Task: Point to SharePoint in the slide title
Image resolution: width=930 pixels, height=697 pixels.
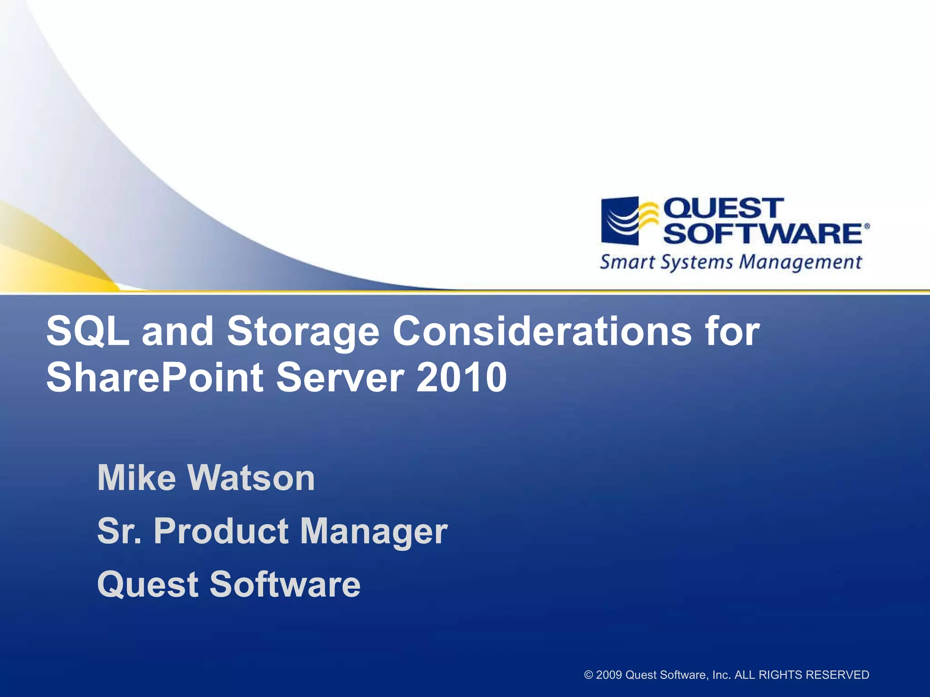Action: tap(154, 378)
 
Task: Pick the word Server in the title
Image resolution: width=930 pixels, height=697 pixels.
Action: tap(340, 378)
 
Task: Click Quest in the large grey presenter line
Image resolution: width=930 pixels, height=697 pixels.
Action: tap(148, 585)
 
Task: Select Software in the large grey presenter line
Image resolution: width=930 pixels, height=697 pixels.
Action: tap(285, 584)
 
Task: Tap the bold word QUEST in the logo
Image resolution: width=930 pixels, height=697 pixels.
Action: tap(723, 208)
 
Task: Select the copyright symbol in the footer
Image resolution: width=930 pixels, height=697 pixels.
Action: tap(589, 675)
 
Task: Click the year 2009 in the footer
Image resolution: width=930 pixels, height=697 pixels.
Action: tap(609, 675)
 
